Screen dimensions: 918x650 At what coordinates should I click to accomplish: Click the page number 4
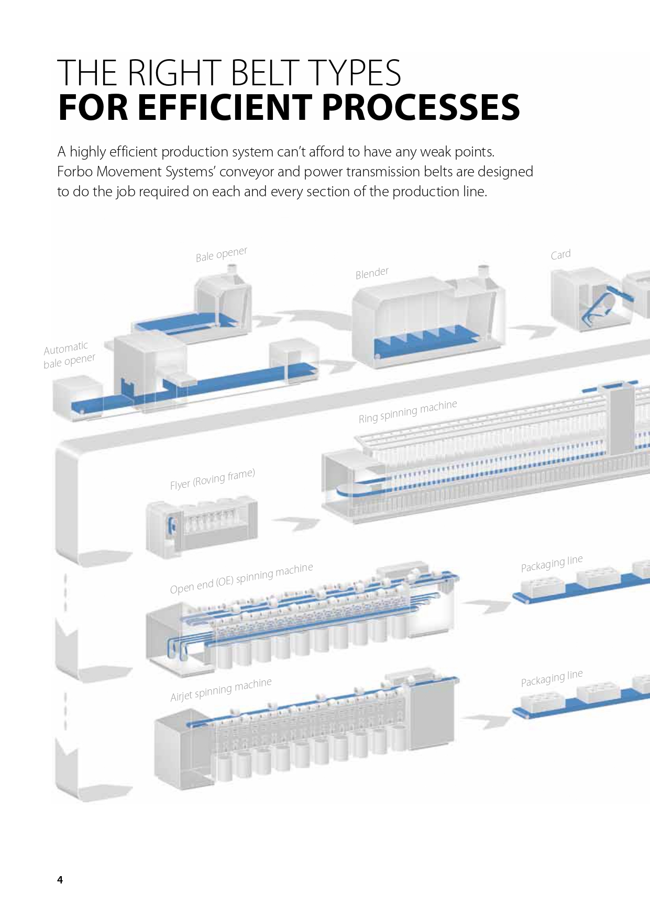(60, 880)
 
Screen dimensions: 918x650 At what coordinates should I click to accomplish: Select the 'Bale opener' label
(221, 254)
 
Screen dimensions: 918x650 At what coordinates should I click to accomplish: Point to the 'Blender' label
(372, 273)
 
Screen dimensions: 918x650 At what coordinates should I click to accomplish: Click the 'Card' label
(560, 255)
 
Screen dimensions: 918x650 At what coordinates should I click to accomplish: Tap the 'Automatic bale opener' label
(69, 354)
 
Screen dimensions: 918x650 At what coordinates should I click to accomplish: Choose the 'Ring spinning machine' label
(407, 411)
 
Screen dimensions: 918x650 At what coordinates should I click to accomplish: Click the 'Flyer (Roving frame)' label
(212, 479)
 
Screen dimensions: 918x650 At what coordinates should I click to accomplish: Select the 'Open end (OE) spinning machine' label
(241, 578)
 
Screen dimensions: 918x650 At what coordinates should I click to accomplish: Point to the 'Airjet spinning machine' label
(221, 690)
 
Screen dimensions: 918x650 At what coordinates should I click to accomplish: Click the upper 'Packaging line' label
(552, 563)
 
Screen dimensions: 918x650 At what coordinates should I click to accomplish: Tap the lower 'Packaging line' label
(552, 678)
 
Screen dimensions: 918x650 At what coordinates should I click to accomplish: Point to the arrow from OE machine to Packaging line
(487, 605)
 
